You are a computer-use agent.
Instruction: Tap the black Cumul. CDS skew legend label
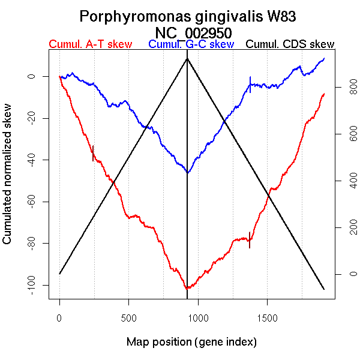[x=290, y=44]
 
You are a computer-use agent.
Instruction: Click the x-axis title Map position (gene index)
[x=191, y=342]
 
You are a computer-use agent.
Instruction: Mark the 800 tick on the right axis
[x=341, y=88]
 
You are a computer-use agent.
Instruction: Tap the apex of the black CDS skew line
[x=187, y=58]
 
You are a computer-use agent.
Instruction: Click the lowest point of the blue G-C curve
[x=188, y=173]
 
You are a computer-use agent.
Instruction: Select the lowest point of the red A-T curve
[x=187, y=289]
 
